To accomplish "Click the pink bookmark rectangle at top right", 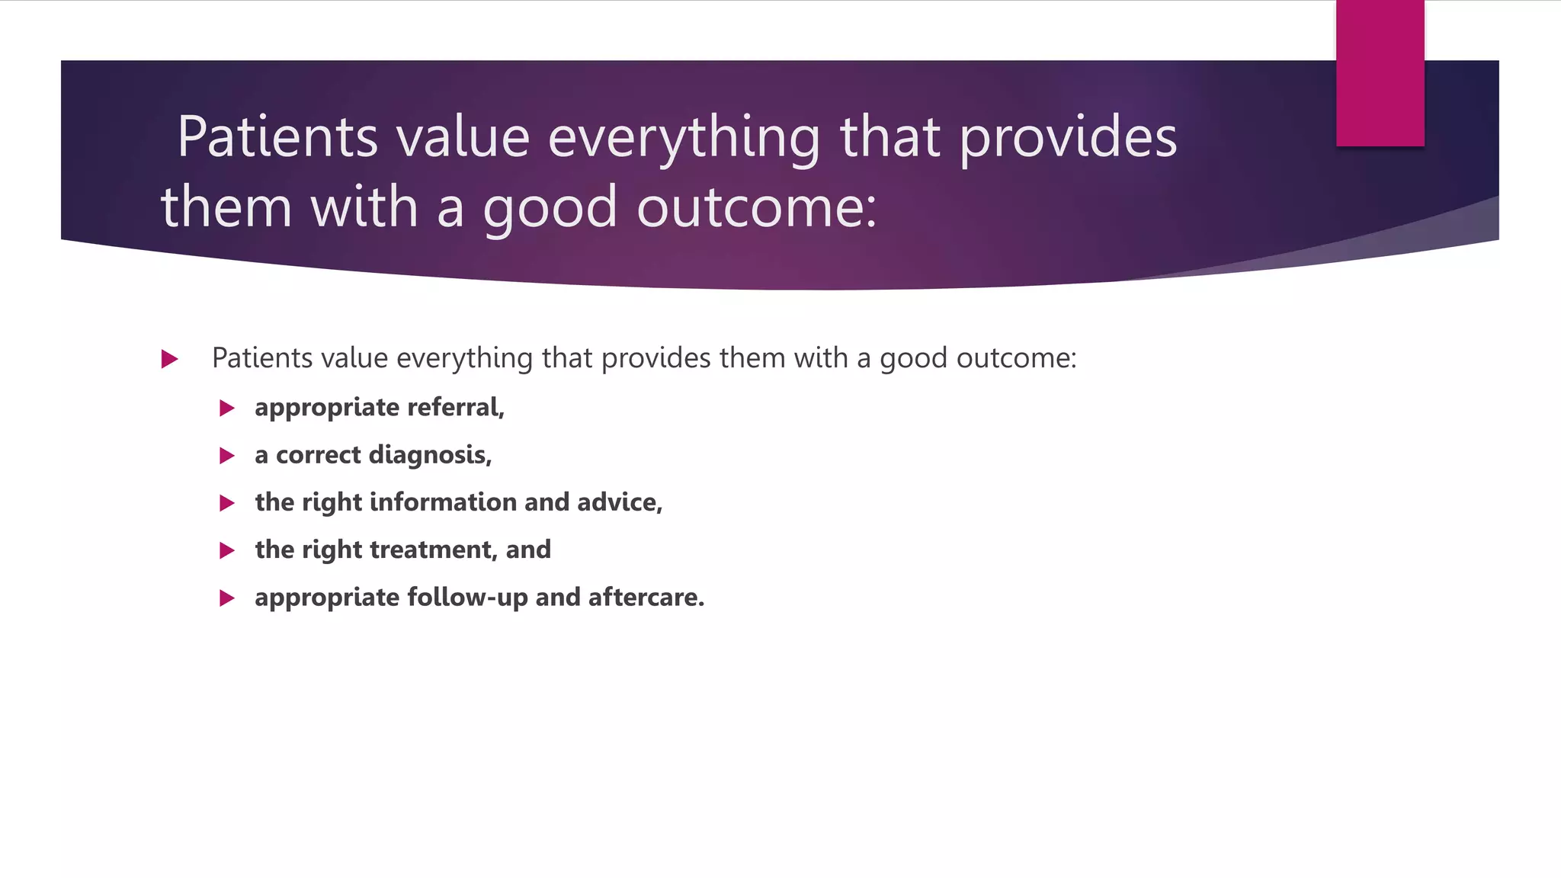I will click(1380, 73).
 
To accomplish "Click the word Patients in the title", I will click(277, 137).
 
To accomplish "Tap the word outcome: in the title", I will click(757, 207).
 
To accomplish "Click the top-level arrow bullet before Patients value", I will click(170, 359).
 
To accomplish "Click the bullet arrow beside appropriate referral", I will click(226, 408).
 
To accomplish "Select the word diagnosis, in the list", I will click(430, 455).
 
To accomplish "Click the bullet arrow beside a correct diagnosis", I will click(226, 456).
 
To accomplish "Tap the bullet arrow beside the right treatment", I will click(226, 550).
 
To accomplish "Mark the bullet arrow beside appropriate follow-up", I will click(226, 598).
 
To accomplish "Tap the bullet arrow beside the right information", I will click(226, 503).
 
